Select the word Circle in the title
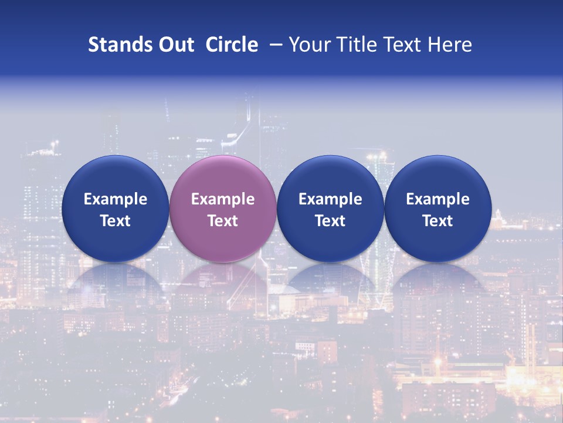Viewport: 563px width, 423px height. pos(232,45)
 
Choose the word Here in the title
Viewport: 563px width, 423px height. pos(450,45)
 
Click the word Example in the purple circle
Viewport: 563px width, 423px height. pos(223,199)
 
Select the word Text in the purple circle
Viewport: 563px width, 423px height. pos(223,221)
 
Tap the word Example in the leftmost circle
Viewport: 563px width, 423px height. pos(116,199)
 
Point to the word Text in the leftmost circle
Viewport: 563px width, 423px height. pos(116,221)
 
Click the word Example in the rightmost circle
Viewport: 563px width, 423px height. pos(437,199)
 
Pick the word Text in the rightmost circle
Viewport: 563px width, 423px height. pos(437,221)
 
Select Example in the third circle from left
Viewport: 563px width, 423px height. pos(330,199)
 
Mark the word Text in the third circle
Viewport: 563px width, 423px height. pos(330,221)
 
